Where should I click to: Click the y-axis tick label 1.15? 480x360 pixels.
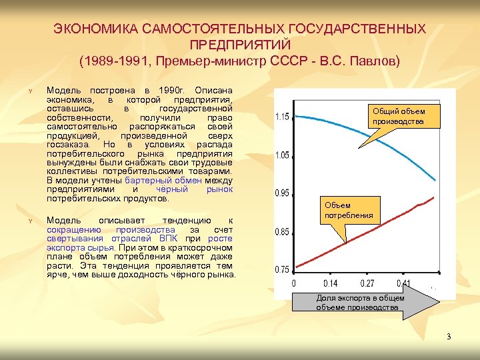click(282, 117)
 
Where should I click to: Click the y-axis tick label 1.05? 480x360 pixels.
click(282, 155)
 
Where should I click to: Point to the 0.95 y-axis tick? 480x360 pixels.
click(282, 193)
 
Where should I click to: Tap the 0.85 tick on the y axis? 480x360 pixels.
click(282, 232)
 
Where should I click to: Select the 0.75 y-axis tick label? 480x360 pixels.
click(282, 270)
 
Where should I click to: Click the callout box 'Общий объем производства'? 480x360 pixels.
click(398, 116)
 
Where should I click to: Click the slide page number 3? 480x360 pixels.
click(449, 336)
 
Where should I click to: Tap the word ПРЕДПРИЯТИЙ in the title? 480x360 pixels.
click(239, 45)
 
